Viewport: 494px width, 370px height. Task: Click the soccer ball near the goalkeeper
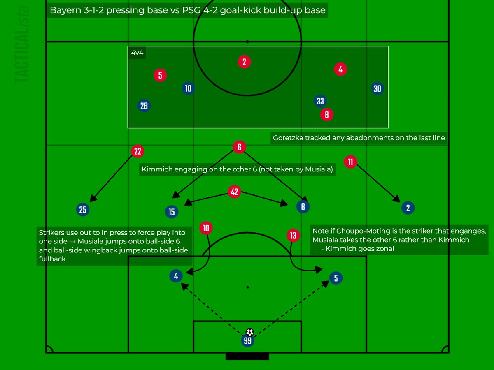(x=249, y=332)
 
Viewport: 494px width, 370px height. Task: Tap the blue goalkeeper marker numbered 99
(x=247, y=341)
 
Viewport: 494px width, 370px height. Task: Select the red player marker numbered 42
(x=234, y=192)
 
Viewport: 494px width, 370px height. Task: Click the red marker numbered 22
(x=137, y=151)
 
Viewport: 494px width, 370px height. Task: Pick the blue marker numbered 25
(x=83, y=210)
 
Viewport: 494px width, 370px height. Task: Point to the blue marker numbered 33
(x=320, y=101)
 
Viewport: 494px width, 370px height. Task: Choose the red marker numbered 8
(x=327, y=115)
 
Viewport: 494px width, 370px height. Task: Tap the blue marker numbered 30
(x=377, y=88)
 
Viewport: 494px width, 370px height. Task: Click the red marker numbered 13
(x=293, y=235)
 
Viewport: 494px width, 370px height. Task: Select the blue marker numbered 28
(x=144, y=106)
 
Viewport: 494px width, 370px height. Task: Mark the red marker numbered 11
(x=350, y=162)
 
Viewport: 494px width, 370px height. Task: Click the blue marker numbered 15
(x=172, y=212)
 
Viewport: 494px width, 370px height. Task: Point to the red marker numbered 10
(x=206, y=228)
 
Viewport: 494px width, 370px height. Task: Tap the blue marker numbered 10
(x=188, y=88)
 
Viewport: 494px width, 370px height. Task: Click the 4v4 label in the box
(x=137, y=53)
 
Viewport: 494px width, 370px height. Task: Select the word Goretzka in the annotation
(x=288, y=138)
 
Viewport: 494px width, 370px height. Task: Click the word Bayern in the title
(x=63, y=10)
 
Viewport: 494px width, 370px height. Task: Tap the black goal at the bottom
(x=247, y=356)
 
